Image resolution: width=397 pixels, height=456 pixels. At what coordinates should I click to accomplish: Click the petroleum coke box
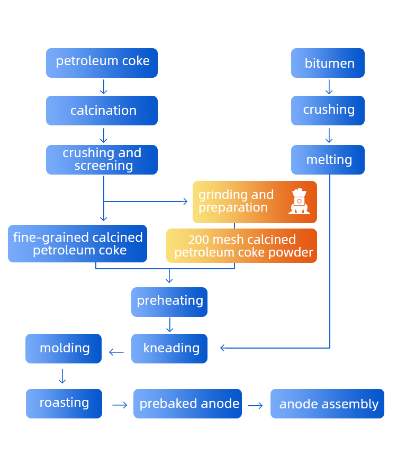coord(102,63)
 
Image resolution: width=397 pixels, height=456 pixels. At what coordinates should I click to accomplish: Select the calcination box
coord(102,111)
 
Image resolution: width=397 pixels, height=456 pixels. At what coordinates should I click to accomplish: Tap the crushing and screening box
coord(102,160)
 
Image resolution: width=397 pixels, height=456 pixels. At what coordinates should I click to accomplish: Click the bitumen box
coord(328,63)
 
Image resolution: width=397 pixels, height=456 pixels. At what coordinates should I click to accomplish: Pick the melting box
coord(328,160)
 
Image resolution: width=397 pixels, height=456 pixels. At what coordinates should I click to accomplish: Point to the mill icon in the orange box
coord(299,202)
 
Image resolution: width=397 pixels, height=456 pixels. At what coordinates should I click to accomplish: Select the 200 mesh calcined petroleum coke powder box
coord(242,246)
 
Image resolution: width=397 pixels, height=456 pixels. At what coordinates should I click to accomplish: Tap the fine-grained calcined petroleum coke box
coord(77,244)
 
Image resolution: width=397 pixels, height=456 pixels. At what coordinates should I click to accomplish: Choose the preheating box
coord(169,302)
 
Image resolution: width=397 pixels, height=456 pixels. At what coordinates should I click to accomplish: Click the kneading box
coord(169,349)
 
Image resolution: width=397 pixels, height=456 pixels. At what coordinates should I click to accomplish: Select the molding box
coord(64,349)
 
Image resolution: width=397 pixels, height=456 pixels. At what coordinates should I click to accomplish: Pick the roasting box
coord(64,404)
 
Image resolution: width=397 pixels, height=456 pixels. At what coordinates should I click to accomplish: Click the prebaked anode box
coord(187,404)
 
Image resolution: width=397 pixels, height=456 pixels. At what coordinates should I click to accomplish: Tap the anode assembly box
coord(327,404)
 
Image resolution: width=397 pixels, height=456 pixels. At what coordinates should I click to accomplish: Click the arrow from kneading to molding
coord(116,352)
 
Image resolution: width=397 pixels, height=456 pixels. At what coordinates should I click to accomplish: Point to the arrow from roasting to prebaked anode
coord(120,405)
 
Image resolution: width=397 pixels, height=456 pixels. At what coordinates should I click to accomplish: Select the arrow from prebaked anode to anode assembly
coord(255,406)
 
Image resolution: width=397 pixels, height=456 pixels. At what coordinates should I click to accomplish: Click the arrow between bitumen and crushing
coord(329,87)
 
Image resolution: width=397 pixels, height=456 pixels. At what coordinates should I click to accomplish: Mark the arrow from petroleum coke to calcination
coord(103,87)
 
